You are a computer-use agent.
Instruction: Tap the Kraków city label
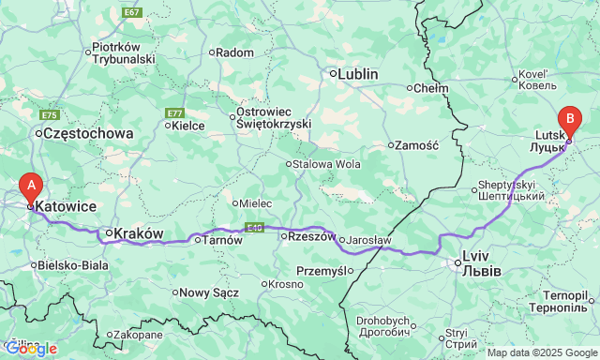click(x=139, y=232)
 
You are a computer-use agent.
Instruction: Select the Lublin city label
click(x=357, y=73)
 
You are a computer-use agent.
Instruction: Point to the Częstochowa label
click(x=89, y=134)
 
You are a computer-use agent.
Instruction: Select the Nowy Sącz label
click(x=211, y=292)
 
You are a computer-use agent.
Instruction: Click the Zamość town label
click(x=417, y=145)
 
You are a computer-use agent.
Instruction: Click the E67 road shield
click(x=132, y=12)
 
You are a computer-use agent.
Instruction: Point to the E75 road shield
click(x=50, y=115)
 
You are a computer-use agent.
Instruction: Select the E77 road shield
click(x=174, y=113)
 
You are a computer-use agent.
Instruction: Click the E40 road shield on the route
click(x=254, y=227)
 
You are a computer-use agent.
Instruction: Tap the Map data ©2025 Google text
click(x=542, y=352)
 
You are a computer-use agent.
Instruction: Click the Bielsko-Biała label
click(x=74, y=265)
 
